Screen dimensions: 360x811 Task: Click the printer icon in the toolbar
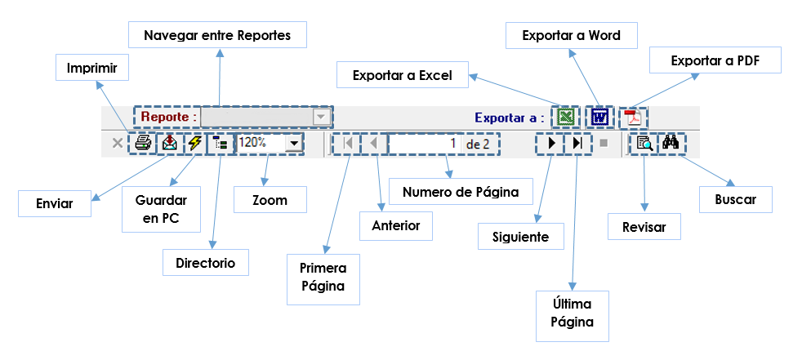tap(143, 144)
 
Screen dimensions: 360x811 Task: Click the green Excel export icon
tap(564, 118)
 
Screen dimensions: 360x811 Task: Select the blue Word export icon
tap(600, 118)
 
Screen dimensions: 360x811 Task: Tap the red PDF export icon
tap(633, 118)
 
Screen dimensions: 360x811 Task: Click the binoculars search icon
tap(672, 144)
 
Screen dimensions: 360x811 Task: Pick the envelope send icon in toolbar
tap(169, 144)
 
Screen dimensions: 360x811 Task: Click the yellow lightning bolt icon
tap(195, 144)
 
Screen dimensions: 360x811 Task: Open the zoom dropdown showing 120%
tap(292, 144)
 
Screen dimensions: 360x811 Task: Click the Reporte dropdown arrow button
tap(321, 118)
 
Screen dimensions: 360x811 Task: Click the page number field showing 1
tap(425, 144)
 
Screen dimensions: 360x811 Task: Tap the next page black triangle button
tap(551, 144)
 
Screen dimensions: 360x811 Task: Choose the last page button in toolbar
tap(577, 144)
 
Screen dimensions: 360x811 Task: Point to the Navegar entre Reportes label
tap(218, 36)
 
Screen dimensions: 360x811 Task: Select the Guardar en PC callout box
tap(155, 209)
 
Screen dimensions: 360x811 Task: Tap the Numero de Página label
tap(461, 192)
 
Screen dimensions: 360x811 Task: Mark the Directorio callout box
tap(205, 263)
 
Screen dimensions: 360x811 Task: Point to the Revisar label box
tap(644, 228)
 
